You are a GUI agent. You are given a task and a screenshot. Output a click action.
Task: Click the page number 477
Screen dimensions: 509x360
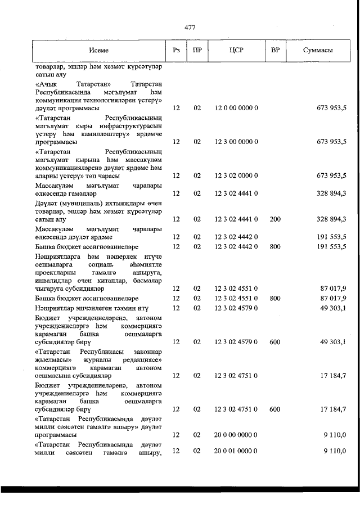189,27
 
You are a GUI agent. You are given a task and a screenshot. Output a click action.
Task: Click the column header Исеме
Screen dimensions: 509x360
98,50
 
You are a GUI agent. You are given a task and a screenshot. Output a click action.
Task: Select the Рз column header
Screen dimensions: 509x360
176,50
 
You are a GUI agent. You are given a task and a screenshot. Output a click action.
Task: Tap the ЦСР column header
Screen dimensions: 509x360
236,50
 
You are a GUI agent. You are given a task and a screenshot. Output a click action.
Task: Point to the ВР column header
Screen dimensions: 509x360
275,50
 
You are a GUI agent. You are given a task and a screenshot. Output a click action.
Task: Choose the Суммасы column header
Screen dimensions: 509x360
318,50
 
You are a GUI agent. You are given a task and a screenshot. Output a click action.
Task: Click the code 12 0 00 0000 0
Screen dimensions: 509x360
236,107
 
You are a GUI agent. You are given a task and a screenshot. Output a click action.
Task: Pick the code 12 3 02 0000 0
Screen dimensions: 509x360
236,175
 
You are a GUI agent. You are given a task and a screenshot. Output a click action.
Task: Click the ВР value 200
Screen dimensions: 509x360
275,219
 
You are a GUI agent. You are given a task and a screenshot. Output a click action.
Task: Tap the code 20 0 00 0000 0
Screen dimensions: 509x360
236,435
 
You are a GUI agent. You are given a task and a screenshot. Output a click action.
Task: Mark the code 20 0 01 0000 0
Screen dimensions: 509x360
236,451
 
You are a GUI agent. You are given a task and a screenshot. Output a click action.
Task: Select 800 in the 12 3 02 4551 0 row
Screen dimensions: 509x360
275,298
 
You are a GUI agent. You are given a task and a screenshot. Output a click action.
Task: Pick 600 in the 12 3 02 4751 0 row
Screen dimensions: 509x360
275,409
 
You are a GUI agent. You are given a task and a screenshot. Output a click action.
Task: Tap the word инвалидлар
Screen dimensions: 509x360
53,280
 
